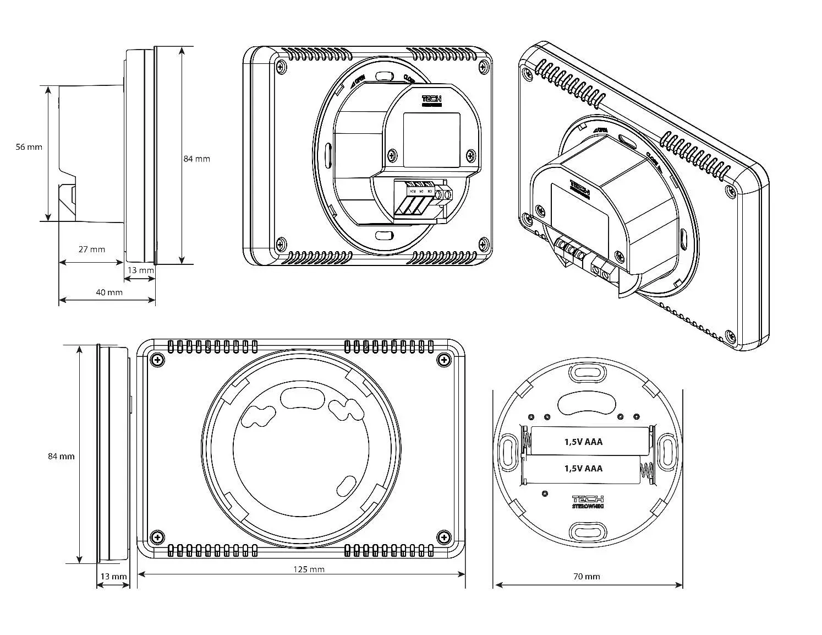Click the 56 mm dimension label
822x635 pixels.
pos(29,147)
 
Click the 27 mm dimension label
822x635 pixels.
pos(91,249)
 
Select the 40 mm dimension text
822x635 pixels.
pos(109,292)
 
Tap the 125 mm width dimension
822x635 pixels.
pos(309,569)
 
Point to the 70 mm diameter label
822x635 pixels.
pos(587,577)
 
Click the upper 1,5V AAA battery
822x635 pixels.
pos(583,441)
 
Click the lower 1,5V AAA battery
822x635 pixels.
pos(583,468)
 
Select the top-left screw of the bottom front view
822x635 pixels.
pos(158,360)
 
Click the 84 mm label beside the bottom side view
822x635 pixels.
pos(61,456)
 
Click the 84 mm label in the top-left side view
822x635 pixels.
pos(196,159)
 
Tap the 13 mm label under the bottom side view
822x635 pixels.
pos(113,576)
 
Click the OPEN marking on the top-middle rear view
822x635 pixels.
pos(357,83)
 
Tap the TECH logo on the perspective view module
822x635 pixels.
pos(579,188)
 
